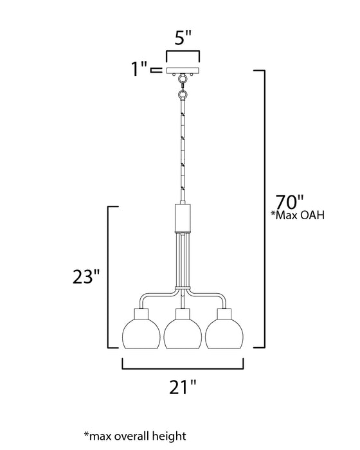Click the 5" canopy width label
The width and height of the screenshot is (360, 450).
pos(183,37)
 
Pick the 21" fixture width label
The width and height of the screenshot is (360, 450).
pos(184,387)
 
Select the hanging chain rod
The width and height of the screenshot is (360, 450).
pos(183,148)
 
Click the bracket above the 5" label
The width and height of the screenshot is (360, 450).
pos(183,53)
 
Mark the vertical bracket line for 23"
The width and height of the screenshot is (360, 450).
pos(108,276)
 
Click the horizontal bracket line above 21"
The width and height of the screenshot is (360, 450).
pos(184,368)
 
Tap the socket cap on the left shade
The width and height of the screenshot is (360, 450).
pos(141,313)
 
